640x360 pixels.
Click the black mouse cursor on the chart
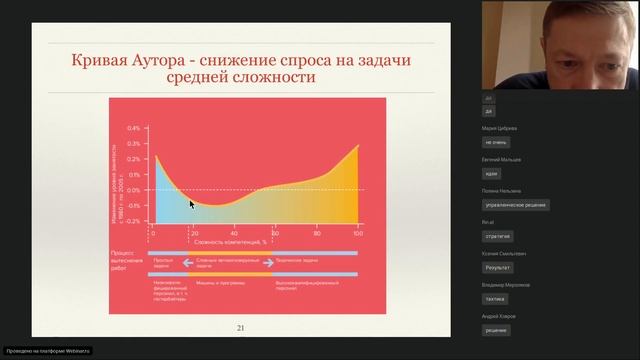[x=192, y=204]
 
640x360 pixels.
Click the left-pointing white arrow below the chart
[x=187, y=265]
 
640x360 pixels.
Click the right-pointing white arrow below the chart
[x=267, y=265]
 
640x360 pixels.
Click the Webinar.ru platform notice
[x=48, y=351]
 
